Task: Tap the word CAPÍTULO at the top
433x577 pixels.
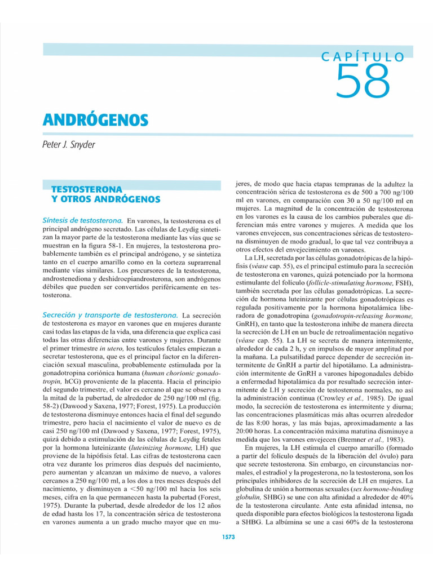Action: (363, 57)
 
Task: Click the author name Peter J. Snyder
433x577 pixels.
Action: (69, 145)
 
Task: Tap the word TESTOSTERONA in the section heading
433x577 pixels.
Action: (87, 190)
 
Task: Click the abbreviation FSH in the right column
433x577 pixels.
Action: (403, 282)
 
